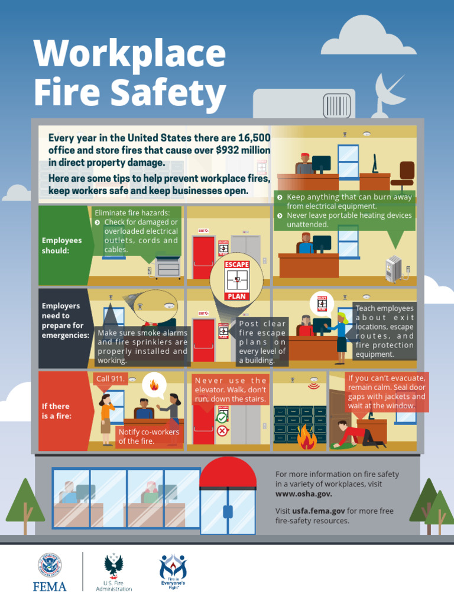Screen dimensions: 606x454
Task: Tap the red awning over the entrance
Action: tap(228, 473)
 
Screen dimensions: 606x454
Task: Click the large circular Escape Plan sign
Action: tap(237, 279)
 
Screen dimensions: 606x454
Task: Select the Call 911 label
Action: tap(111, 378)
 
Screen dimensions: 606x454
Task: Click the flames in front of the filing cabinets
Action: tap(306, 438)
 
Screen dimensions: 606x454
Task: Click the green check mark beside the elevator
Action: tap(222, 418)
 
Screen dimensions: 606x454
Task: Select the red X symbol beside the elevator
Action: tap(222, 430)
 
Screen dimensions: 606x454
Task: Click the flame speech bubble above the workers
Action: tap(154, 385)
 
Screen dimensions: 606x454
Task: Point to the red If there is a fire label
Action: tap(57, 411)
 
